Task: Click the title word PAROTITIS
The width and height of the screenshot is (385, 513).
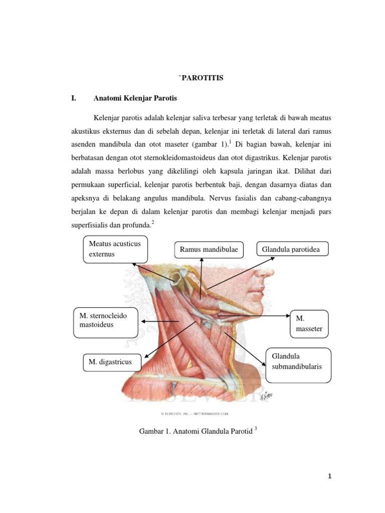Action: point(202,78)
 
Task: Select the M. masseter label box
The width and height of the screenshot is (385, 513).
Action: point(309,324)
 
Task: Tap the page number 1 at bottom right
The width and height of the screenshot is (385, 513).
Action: point(330,476)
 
